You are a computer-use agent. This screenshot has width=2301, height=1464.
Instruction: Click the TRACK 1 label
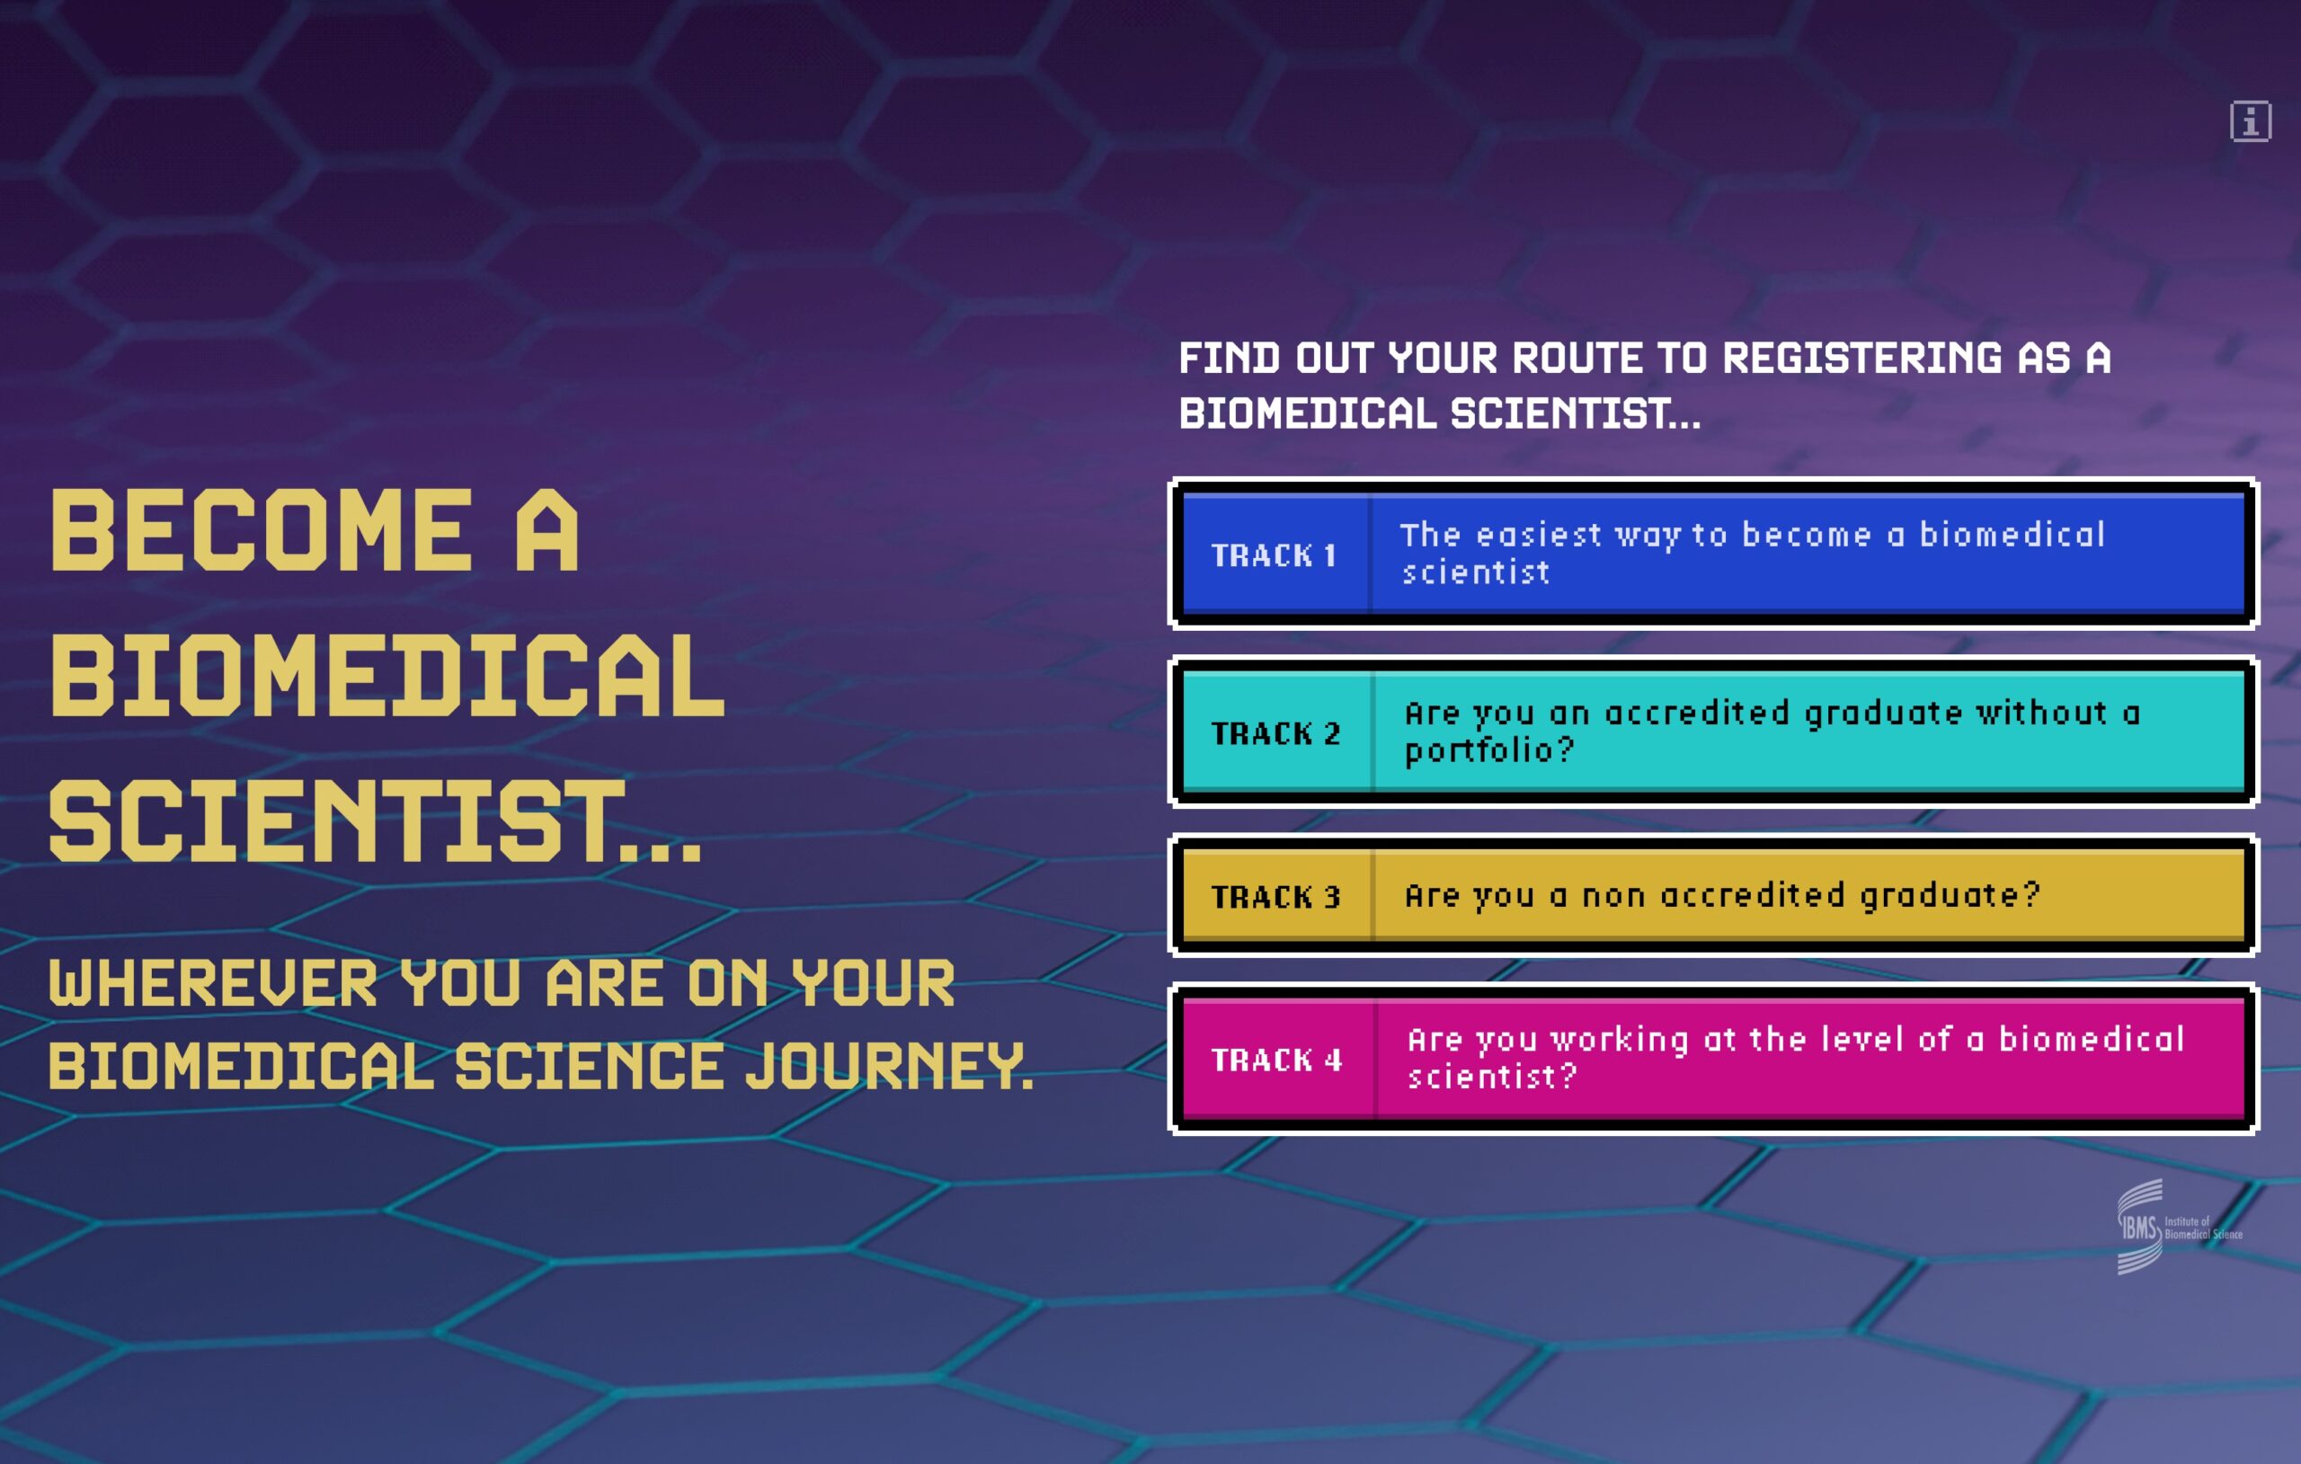(x=1273, y=555)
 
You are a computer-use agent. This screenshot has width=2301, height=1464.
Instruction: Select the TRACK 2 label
(x=1275, y=733)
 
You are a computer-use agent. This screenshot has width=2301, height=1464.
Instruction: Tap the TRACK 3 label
(x=1275, y=896)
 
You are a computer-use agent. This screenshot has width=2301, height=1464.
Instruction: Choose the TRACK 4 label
(x=1276, y=1059)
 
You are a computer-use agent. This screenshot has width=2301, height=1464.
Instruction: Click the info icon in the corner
(x=2251, y=121)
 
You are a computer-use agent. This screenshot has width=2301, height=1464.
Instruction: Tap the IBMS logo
(x=2179, y=1226)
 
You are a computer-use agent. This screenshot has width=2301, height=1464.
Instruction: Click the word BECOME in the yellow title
(x=261, y=530)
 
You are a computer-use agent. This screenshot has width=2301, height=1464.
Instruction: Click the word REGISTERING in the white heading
(x=1862, y=359)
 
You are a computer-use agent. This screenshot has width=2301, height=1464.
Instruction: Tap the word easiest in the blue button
(x=1539, y=535)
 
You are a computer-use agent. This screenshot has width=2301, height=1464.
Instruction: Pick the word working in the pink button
(x=1620, y=1041)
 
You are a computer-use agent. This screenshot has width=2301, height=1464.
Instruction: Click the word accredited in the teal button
(x=1696, y=713)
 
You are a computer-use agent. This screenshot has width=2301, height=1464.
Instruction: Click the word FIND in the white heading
(x=1229, y=359)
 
